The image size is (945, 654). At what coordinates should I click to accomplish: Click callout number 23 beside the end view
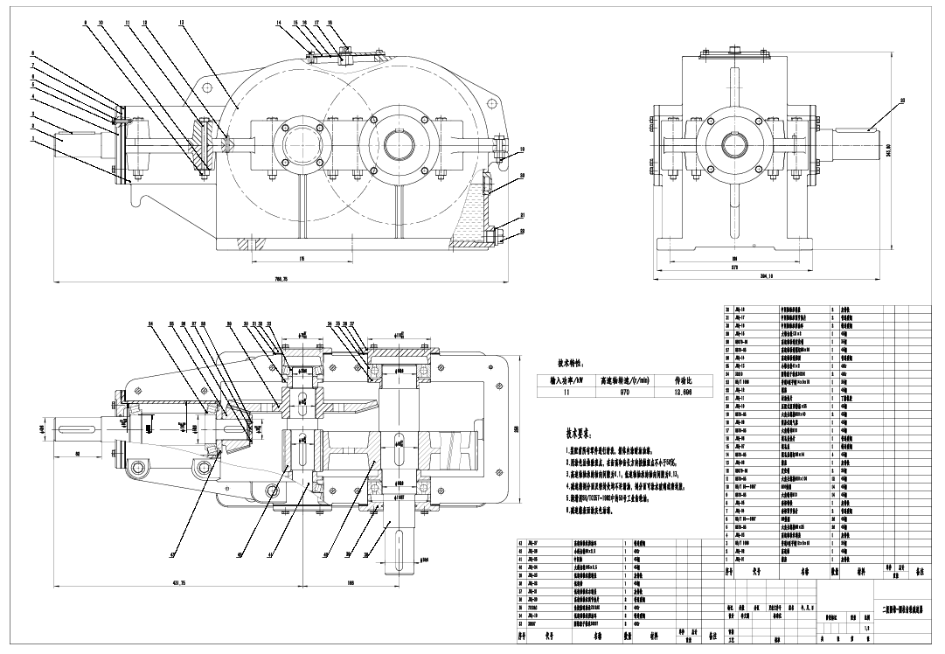[x=902, y=101]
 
